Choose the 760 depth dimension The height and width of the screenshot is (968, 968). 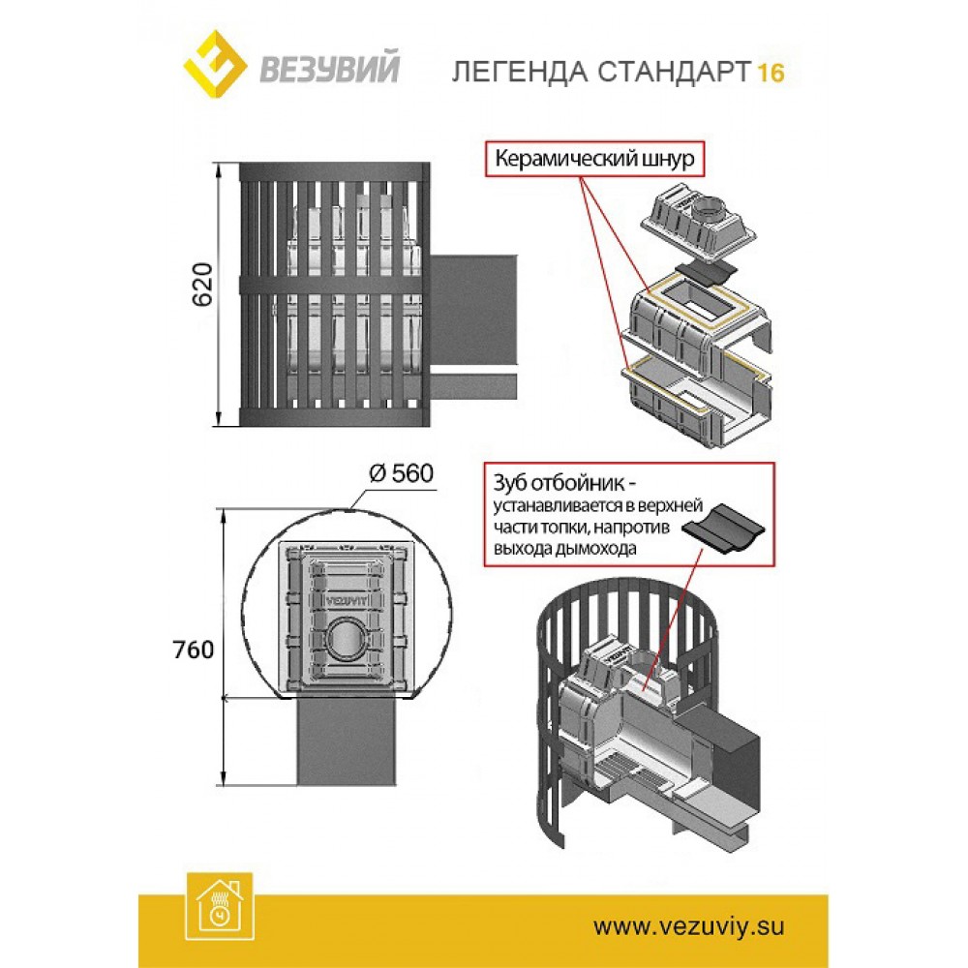pyautogui.click(x=195, y=650)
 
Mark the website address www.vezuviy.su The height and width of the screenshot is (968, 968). pyautogui.click(x=687, y=925)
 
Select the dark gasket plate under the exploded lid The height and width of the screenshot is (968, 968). pyautogui.click(x=706, y=270)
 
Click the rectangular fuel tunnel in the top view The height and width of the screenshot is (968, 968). pyautogui.click(x=346, y=741)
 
